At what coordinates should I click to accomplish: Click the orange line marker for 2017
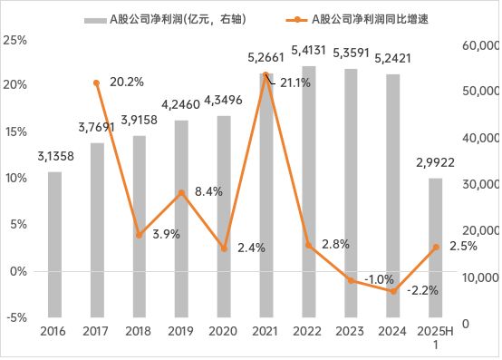[97, 83]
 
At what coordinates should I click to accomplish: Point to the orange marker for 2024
[393, 291]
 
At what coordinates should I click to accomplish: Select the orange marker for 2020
[224, 248]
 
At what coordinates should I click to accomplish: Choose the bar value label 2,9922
[436, 163]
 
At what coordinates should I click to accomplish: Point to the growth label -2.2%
[422, 291]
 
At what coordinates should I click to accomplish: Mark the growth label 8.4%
[209, 191]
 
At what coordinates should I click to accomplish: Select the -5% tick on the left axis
[14, 317]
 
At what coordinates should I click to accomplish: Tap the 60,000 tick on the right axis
[481, 44]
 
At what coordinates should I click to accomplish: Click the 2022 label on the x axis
[308, 333]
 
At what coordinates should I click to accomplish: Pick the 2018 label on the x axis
[140, 333]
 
